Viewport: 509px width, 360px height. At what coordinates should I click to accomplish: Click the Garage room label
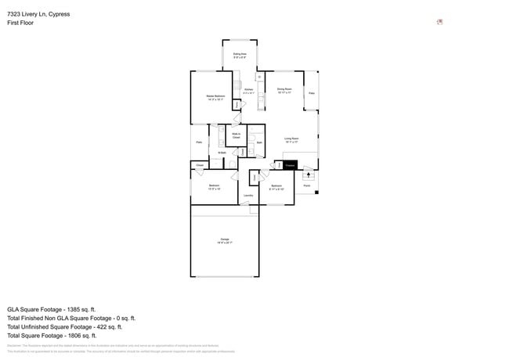(225, 241)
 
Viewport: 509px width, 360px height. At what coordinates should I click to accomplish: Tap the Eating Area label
(240, 56)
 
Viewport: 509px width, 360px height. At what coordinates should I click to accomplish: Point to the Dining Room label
(284, 91)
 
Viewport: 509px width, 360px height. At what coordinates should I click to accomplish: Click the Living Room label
(293, 139)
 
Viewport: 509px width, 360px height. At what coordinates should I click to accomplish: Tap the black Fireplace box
(290, 165)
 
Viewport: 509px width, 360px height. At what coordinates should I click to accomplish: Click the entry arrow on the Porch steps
(307, 175)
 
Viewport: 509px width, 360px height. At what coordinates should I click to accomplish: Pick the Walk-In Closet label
(236, 135)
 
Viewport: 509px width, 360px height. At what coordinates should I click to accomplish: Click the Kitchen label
(249, 91)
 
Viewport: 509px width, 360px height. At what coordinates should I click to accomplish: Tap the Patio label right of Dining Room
(311, 93)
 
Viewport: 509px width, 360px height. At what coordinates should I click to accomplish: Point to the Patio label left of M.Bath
(199, 142)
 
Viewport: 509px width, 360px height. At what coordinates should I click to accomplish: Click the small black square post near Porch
(316, 193)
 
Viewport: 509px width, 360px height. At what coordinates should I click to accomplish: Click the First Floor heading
(20, 23)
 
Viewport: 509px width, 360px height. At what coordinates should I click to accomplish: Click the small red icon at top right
(440, 22)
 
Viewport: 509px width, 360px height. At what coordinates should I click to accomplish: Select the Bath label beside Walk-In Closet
(259, 143)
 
